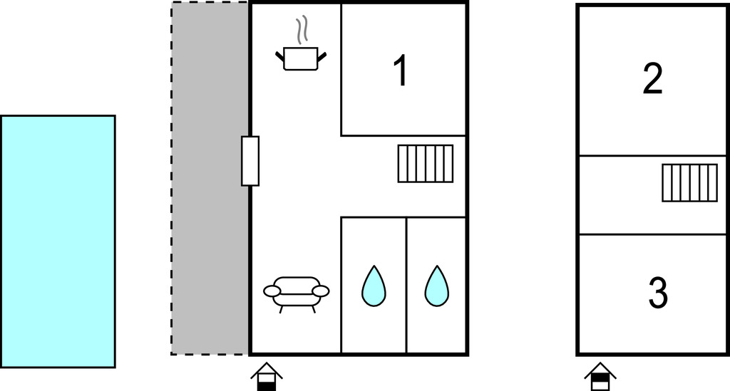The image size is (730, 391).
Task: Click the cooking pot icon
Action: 301,58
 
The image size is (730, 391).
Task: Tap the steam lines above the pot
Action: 302,30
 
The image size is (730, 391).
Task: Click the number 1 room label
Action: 401,71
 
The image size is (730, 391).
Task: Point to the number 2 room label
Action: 653,79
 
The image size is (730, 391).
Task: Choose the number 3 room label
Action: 658,293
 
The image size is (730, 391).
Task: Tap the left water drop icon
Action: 374,286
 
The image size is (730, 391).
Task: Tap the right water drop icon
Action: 437,286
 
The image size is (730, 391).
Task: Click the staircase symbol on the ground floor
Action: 426,164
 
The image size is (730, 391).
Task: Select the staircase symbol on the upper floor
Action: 689,183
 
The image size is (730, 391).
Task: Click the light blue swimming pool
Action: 58,241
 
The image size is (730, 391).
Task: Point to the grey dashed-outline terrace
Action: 210,179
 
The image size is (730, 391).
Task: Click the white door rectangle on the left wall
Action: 250,161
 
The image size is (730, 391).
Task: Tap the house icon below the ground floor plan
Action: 267,376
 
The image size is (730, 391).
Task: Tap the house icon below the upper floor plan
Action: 600,376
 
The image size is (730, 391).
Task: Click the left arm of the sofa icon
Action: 272,291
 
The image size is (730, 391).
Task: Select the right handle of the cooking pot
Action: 322,57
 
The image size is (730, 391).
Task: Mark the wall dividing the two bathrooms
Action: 406,285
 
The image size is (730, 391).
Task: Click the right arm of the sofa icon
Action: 321,291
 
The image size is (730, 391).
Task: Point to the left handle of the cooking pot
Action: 279,57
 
